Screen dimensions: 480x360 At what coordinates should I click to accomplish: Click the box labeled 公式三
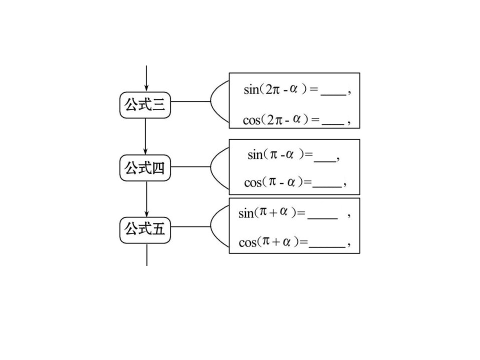click(145, 105)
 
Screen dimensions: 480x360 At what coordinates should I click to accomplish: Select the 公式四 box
click(145, 168)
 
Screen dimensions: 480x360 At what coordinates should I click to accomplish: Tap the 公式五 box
click(145, 230)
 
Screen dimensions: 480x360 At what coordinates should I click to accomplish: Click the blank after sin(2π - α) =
click(333, 95)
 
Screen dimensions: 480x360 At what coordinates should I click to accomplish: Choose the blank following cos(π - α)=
click(327, 186)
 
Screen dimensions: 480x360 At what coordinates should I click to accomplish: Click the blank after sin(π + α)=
click(322, 218)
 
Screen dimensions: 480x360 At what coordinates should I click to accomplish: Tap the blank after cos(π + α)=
click(327, 246)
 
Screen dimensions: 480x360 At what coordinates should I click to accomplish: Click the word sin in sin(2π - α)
click(251, 90)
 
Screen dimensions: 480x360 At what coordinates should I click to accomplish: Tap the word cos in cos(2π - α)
click(251, 120)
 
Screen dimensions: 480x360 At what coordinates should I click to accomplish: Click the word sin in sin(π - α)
click(255, 155)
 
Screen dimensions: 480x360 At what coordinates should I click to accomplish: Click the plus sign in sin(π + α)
click(273, 212)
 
